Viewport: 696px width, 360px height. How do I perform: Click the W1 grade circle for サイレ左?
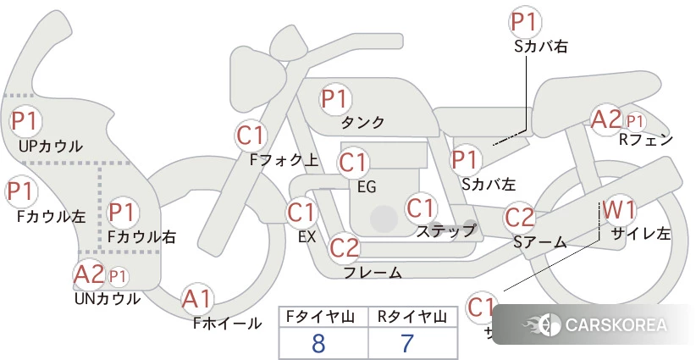click(x=620, y=209)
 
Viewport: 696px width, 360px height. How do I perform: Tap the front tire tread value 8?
click(x=318, y=344)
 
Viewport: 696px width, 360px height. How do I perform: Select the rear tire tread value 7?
click(x=407, y=344)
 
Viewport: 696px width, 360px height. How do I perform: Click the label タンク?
click(x=362, y=123)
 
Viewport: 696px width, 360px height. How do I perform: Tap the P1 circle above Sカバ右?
click(x=525, y=21)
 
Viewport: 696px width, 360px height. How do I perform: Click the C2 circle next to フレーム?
click(x=345, y=248)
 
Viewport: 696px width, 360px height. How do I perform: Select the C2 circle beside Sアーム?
click(x=520, y=217)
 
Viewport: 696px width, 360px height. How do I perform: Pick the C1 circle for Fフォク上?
click(x=251, y=134)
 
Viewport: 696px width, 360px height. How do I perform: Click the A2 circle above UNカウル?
click(x=89, y=274)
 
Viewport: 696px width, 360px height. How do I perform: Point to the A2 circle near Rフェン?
click(x=605, y=119)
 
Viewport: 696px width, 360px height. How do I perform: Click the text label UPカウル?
click(x=51, y=146)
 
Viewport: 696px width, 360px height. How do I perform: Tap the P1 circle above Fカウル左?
click(x=22, y=191)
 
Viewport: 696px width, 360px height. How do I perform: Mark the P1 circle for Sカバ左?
click(x=467, y=158)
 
